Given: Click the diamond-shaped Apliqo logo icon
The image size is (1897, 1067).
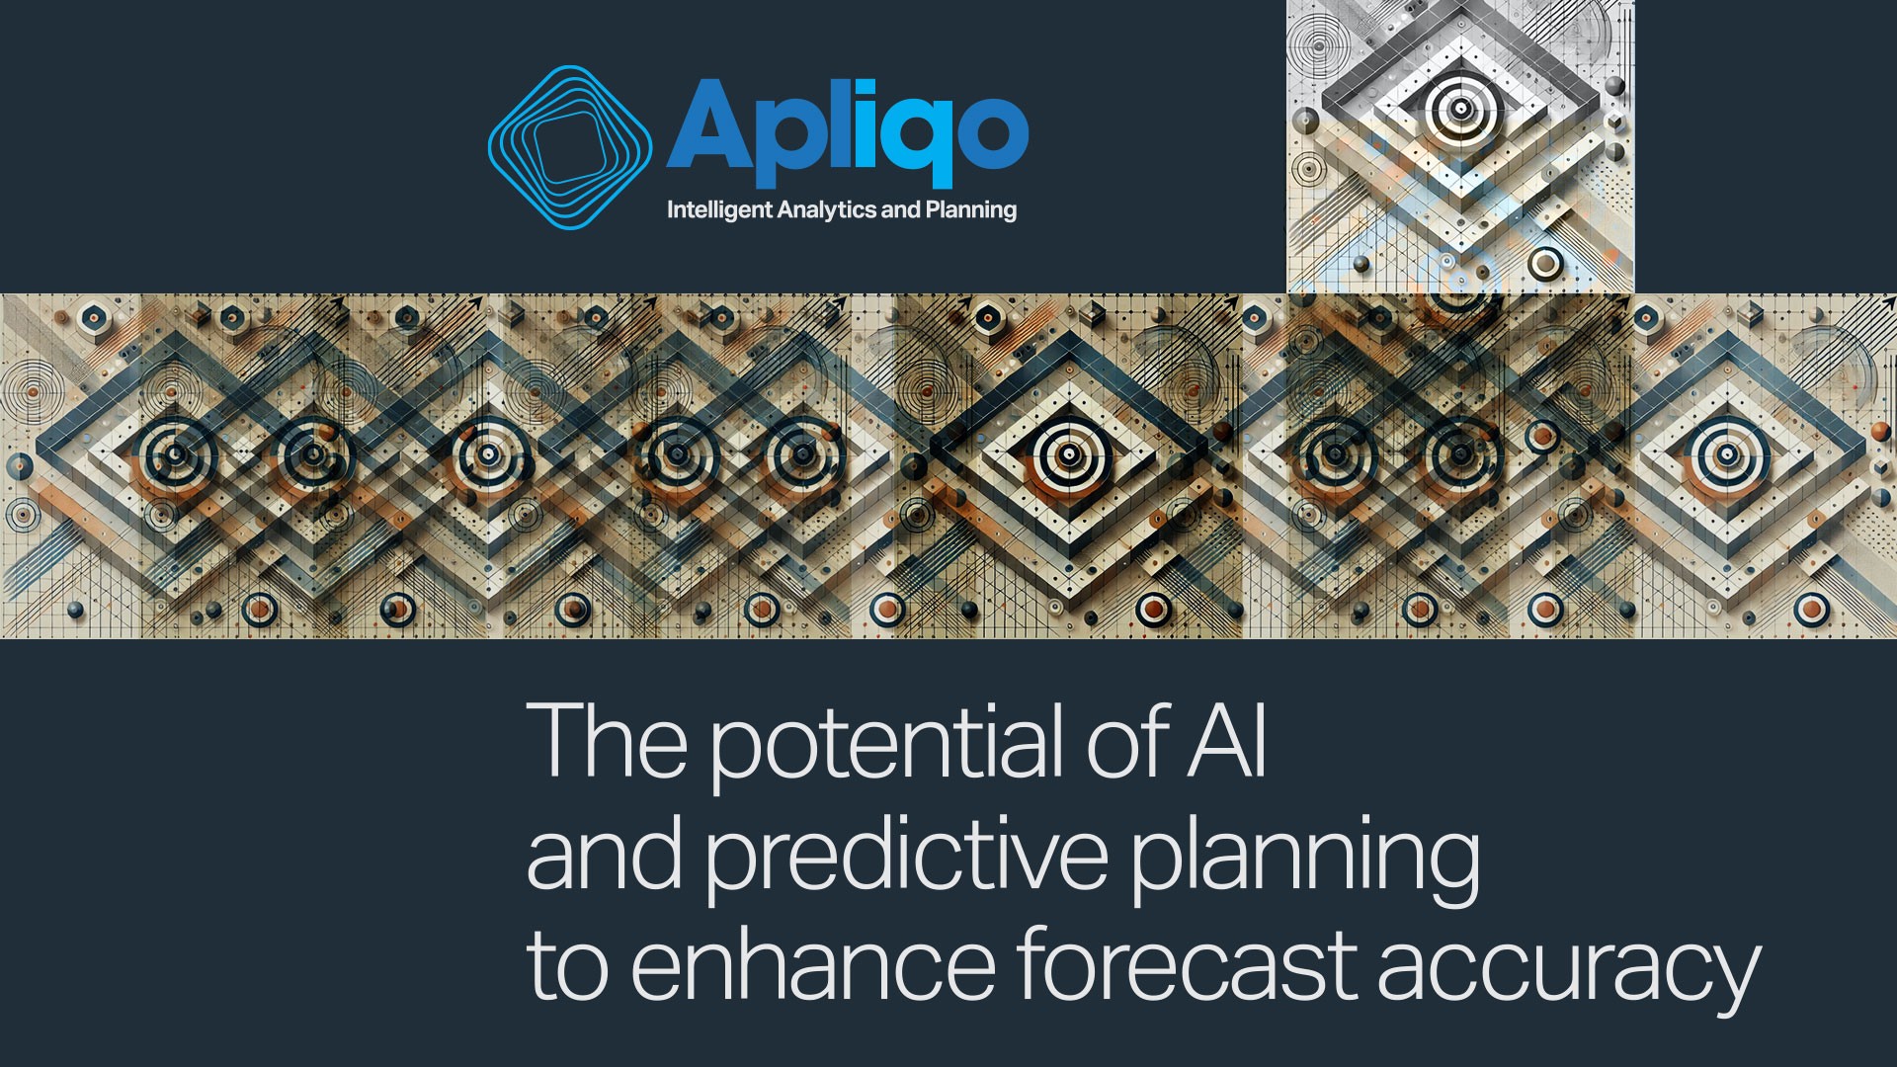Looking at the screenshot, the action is (570, 147).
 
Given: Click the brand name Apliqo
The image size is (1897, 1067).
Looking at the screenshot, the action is (848, 132).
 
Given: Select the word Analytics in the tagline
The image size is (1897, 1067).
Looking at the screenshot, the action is (827, 210).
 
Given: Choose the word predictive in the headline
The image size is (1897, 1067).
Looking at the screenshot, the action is (906, 855).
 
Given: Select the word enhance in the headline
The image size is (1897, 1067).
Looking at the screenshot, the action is (812, 963).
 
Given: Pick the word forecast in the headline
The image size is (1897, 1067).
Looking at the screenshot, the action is (1187, 962).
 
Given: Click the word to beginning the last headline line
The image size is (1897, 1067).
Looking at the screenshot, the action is (567, 963).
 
